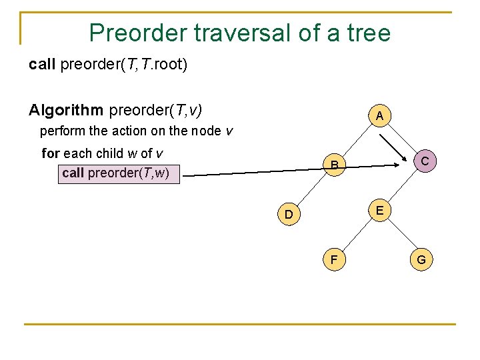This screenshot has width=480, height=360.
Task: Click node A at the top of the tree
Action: pos(379,116)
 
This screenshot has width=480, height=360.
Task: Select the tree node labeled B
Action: pos(335,164)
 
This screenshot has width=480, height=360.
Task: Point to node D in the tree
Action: pos(288,215)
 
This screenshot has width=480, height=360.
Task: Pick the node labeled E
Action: pos(379,210)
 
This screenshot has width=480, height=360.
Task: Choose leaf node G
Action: pos(421,259)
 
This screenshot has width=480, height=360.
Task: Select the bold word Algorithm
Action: pos(66,109)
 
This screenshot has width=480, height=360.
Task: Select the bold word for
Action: pos(51,153)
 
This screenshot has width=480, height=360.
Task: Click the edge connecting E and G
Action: pos(400,234)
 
